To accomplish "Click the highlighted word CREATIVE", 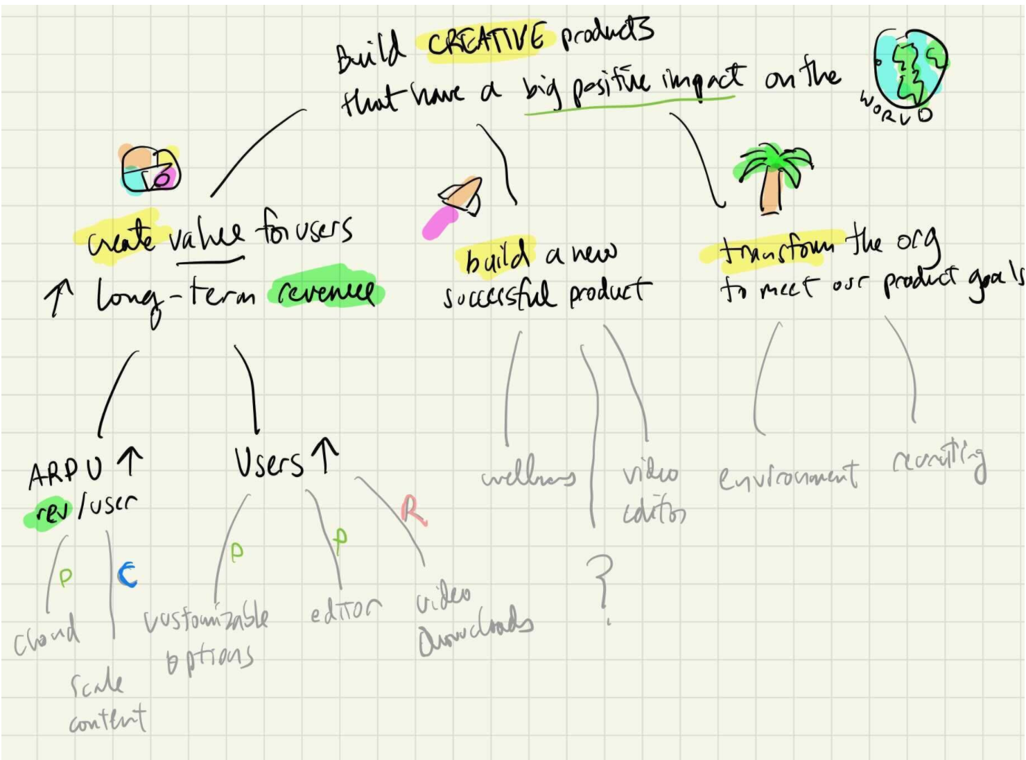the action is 486,40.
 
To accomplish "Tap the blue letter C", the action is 127,574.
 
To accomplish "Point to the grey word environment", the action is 788,476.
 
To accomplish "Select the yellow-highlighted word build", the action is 496,257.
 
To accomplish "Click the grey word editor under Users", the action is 345,610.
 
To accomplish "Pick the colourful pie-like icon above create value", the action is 150,169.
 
